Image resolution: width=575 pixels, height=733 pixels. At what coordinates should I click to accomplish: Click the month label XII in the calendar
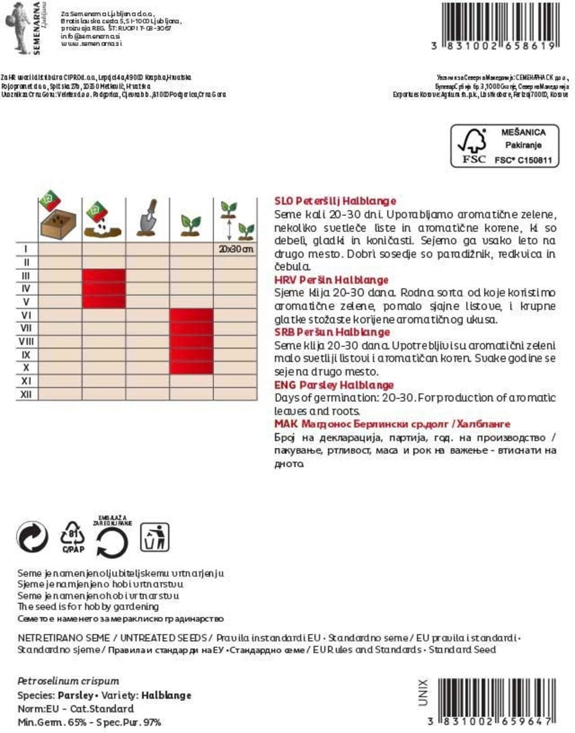(26, 395)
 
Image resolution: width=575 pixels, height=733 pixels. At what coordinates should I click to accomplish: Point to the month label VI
(26, 315)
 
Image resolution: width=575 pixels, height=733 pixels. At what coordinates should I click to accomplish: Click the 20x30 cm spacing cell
(235, 249)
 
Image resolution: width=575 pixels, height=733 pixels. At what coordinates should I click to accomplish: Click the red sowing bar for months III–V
(104, 288)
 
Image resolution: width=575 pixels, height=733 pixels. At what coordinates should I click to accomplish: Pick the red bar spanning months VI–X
(191, 341)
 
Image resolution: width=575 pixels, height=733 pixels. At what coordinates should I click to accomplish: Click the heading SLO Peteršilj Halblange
(335, 201)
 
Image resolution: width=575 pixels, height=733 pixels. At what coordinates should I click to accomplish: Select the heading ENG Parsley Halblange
(334, 385)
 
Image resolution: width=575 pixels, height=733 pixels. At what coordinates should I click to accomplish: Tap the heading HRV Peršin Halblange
(331, 280)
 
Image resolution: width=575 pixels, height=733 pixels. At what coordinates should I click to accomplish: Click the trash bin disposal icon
(154, 538)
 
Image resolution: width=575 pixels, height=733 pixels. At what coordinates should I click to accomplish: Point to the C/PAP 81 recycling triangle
(73, 537)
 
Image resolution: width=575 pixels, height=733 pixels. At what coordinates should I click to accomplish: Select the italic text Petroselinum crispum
(69, 681)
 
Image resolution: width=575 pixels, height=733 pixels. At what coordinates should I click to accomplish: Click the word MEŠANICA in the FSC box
(523, 132)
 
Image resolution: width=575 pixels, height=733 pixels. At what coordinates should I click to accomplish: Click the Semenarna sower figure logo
(19, 26)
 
